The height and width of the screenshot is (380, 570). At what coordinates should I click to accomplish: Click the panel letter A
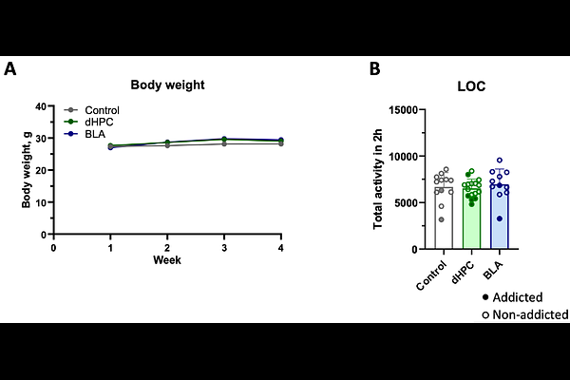tap(10, 68)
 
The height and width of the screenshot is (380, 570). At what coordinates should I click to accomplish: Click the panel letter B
tap(375, 68)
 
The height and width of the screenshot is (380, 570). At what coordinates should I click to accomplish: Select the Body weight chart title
tap(167, 85)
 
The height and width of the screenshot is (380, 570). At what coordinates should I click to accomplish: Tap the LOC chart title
tap(471, 86)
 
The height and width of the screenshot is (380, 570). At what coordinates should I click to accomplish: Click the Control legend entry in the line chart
tap(91, 110)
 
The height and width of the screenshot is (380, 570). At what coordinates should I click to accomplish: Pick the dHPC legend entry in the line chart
tap(88, 122)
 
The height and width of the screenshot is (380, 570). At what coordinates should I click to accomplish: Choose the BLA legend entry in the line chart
tap(85, 134)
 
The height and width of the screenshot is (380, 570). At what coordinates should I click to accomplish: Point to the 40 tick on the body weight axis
tap(41, 106)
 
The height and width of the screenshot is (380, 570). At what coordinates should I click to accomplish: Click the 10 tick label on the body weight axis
tap(41, 202)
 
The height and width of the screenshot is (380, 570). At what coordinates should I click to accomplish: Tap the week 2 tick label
tap(167, 248)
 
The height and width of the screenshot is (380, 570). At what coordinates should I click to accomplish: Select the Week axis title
tap(167, 260)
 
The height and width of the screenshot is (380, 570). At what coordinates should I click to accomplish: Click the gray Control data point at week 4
tap(280, 144)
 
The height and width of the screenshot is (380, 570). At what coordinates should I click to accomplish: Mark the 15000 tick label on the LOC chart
tap(404, 110)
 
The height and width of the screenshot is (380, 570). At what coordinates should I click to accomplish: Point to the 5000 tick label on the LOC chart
tap(406, 203)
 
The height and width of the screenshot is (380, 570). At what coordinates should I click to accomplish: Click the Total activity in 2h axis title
tap(378, 179)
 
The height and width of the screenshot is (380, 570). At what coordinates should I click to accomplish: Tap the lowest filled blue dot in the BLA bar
tap(500, 218)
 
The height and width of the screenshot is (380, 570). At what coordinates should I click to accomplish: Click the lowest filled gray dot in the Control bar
tap(442, 219)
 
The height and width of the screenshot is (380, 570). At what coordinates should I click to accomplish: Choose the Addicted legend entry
tap(512, 297)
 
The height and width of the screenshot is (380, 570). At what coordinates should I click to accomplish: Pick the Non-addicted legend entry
tap(525, 314)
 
